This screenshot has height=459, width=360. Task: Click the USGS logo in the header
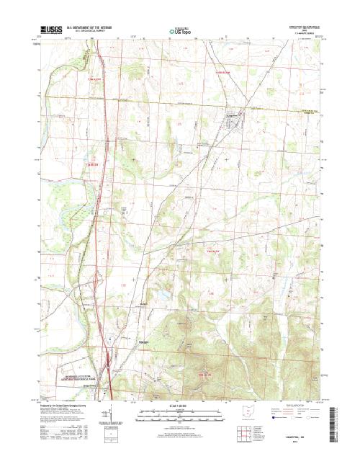tap(52, 31)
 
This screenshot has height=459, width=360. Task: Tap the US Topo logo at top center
tap(180, 32)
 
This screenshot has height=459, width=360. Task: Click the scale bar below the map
tap(180, 413)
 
